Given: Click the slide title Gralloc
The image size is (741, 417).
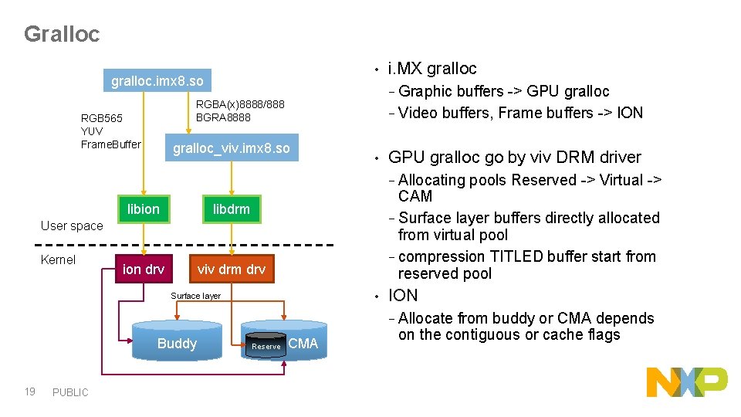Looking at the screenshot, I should (x=62, y=35).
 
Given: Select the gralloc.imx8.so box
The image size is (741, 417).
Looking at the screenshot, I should (x=157, y=81).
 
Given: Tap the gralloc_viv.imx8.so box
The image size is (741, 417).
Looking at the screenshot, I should (x=231, y=148).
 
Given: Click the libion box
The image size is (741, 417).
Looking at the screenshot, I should (x=143, y=208).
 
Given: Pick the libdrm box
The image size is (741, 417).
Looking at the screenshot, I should (x=232, y=208).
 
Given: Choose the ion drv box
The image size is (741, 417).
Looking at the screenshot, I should (x=144, y=269).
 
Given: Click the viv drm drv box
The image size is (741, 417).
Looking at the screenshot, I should (x=232, y=269).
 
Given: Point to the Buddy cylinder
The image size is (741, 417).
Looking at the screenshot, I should (x=177, y=344).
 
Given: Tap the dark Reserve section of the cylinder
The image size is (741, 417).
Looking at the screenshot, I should (x=266, y=346).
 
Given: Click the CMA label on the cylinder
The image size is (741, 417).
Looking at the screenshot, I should (x=303, y=344).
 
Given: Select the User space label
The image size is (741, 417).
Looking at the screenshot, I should (x=71, y=225).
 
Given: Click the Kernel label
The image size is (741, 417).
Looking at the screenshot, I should (x=58, y=259).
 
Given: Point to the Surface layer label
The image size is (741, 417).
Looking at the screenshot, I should (x=195, y=296).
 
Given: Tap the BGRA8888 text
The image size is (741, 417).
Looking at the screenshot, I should (x=223, y=117).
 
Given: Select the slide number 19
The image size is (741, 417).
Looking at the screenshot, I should (x=29, y=392).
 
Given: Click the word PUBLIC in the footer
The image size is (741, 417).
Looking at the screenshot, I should (x=70, y=392).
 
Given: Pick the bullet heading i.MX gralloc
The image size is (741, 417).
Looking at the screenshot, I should (x=432, y=69).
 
